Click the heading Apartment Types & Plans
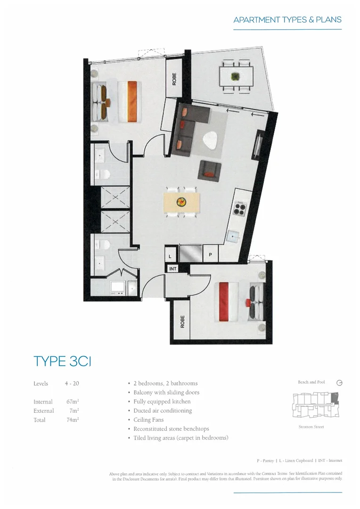tap(287, 20)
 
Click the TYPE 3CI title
tap(62, 361)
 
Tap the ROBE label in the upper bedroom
tap(174, 79)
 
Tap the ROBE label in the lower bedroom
tap(181, 322)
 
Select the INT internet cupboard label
tap(173, 269)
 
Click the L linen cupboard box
tap(170, 256)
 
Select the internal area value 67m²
tap(72, 402)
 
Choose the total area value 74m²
tap(72, 420)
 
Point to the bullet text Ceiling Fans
tap(148, 420)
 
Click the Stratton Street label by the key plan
tap(311, 427)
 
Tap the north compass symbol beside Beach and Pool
tap(339, 383)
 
